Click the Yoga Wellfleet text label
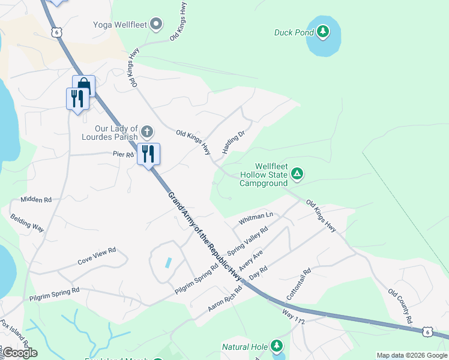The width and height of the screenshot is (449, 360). coord(119,25)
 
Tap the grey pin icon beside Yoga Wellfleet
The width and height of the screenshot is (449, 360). coord(156,25)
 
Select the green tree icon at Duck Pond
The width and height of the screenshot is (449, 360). coord(323,31)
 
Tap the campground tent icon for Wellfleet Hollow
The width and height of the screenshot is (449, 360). coord(297,174)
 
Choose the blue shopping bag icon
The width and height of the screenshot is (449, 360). coord(83,86)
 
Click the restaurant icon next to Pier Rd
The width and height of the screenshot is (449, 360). coord(148,154)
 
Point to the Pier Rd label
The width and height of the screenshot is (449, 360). coord(122,154)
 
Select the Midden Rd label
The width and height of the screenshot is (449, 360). coord(36,199)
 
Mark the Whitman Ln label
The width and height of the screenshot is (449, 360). coord(256,218)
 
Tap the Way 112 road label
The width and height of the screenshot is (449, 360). coord(294,314)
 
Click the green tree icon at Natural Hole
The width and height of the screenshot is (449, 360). coord(276,346)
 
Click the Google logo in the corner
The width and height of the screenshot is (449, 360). coord(19,353)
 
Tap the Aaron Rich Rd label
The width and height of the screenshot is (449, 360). coord(224,298)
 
